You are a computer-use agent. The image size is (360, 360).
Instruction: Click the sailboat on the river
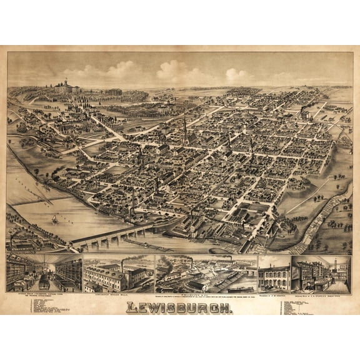point(54,219)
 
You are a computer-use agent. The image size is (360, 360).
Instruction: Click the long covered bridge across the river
point(112,237)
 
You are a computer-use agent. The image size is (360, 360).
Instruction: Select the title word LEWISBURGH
point(180,307)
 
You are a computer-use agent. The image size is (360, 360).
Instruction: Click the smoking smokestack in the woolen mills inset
point(122,261)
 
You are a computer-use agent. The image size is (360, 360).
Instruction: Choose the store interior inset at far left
point(44,272)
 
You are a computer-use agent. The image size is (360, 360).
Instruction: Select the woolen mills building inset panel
point(118,274)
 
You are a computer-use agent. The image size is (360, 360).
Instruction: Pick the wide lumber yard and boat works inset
point(206,273)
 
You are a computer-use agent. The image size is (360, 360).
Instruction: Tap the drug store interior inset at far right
point(321,273)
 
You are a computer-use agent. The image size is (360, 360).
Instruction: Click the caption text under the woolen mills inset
point(118,295)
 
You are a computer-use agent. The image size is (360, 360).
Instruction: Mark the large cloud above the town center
point(172,70)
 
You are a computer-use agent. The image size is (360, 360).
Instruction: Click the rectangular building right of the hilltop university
point(114,92)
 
